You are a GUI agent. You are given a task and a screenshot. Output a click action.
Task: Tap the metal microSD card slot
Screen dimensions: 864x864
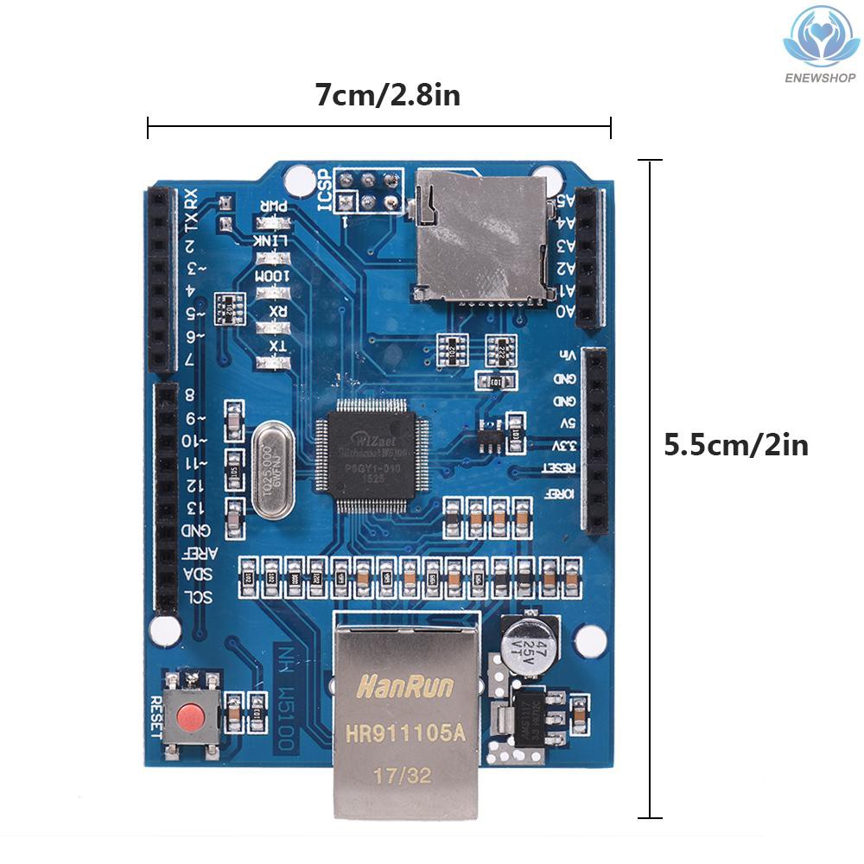tap(480, 235)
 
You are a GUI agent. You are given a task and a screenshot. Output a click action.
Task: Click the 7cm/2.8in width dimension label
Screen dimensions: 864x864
tap(386, 94)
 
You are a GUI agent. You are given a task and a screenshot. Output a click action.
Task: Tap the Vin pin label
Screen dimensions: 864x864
tap(567, 355)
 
